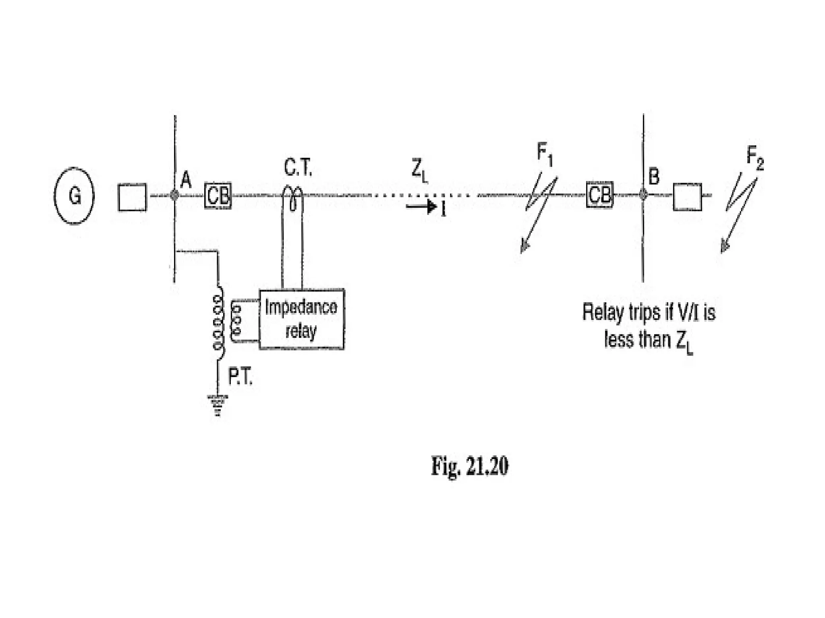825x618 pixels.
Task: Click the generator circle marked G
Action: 74,196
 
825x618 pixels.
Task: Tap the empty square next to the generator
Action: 132,197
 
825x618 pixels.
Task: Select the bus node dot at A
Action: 174,195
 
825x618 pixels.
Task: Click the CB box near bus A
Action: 218,196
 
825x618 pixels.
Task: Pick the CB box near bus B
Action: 599,195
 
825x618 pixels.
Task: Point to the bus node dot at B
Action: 643,195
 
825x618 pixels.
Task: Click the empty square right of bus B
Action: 687,197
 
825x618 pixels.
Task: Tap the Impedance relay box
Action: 301,319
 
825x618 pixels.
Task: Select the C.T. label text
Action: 298,168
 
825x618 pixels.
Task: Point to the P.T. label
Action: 240,377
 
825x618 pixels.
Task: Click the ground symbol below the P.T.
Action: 218,404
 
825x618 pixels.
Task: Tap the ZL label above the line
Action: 419,171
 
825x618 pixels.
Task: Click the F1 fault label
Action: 545,154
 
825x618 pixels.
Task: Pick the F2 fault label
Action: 755,157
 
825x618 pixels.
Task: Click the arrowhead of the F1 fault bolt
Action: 524,246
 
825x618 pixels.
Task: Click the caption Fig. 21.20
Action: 470,466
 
